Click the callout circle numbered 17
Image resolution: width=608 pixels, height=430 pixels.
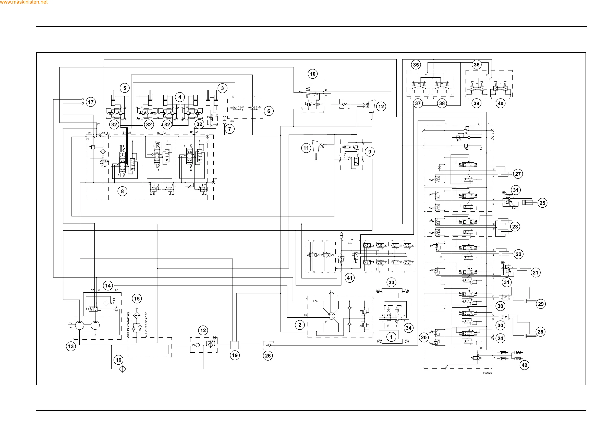91,102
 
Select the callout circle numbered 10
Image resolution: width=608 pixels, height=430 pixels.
313,74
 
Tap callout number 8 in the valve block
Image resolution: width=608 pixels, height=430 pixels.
122,191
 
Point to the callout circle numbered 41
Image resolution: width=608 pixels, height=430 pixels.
349,278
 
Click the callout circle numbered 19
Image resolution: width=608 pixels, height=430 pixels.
235,355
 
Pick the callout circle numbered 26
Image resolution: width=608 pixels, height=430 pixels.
268,355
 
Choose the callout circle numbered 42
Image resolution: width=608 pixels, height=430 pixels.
524,365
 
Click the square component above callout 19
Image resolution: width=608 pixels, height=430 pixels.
235,345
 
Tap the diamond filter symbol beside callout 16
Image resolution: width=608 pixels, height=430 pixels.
123,369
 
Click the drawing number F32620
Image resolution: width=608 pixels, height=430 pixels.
488,373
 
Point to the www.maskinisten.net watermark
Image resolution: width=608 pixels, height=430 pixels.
24,2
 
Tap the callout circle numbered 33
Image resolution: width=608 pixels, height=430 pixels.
391,282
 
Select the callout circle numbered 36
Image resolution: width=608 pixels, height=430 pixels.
477,65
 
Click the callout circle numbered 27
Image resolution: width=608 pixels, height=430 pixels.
518,174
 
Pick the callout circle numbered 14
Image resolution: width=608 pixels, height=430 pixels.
108,286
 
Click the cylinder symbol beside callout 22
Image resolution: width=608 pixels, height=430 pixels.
504,254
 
